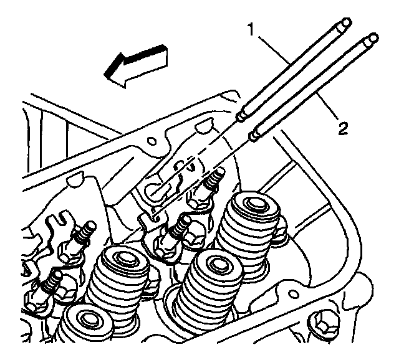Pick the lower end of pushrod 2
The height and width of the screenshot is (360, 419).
point(254,135)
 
